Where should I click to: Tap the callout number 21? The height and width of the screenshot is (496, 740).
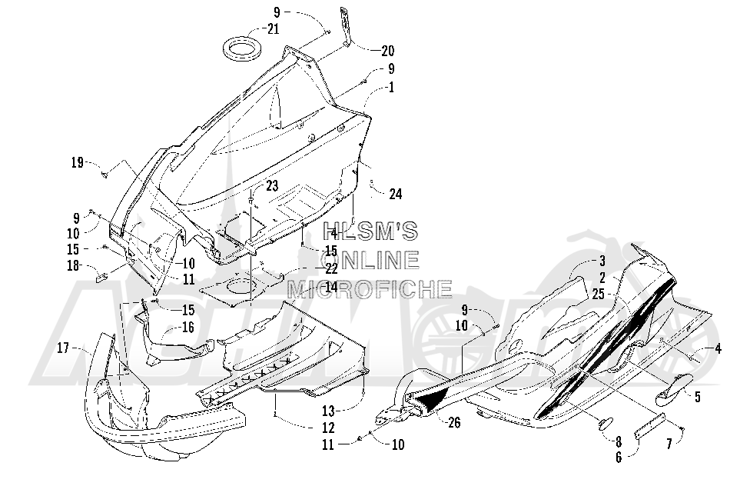(274, 29)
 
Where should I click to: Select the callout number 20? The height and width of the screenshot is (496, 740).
(387, 51)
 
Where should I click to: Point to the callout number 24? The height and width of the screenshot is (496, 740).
(396, 194)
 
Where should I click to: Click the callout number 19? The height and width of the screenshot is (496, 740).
(77, 163)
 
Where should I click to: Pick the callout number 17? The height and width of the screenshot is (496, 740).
(63, 348)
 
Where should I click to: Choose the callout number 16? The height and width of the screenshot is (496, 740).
(187, 327)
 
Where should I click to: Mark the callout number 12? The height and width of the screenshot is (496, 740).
(328, 428)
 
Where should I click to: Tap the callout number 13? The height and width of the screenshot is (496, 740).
(328, 410)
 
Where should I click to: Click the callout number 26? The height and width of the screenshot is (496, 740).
(454, 422)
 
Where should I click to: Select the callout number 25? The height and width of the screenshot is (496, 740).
(599, 294)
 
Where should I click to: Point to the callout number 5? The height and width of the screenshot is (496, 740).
(698, 397)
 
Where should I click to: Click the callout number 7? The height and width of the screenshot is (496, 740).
(669, 444)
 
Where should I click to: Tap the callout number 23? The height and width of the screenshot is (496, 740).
(272, 186)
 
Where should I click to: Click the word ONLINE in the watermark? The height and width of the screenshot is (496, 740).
(370, 260)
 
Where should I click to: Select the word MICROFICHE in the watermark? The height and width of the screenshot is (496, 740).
(370, 288)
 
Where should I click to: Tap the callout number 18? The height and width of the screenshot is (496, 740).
(73, 265)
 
